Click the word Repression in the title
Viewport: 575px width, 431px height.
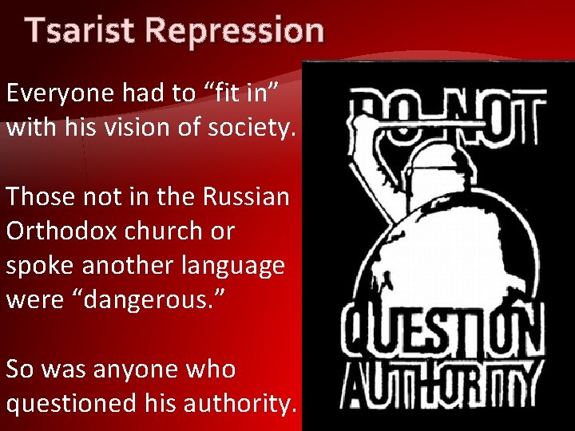(x=236, y=31)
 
